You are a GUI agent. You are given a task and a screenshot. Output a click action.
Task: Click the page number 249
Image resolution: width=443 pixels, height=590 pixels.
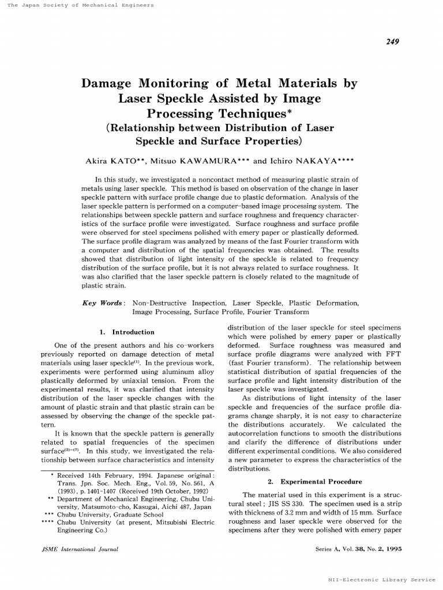(392, 41)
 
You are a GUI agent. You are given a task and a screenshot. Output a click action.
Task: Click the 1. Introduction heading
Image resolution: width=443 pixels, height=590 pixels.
(127, 332)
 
